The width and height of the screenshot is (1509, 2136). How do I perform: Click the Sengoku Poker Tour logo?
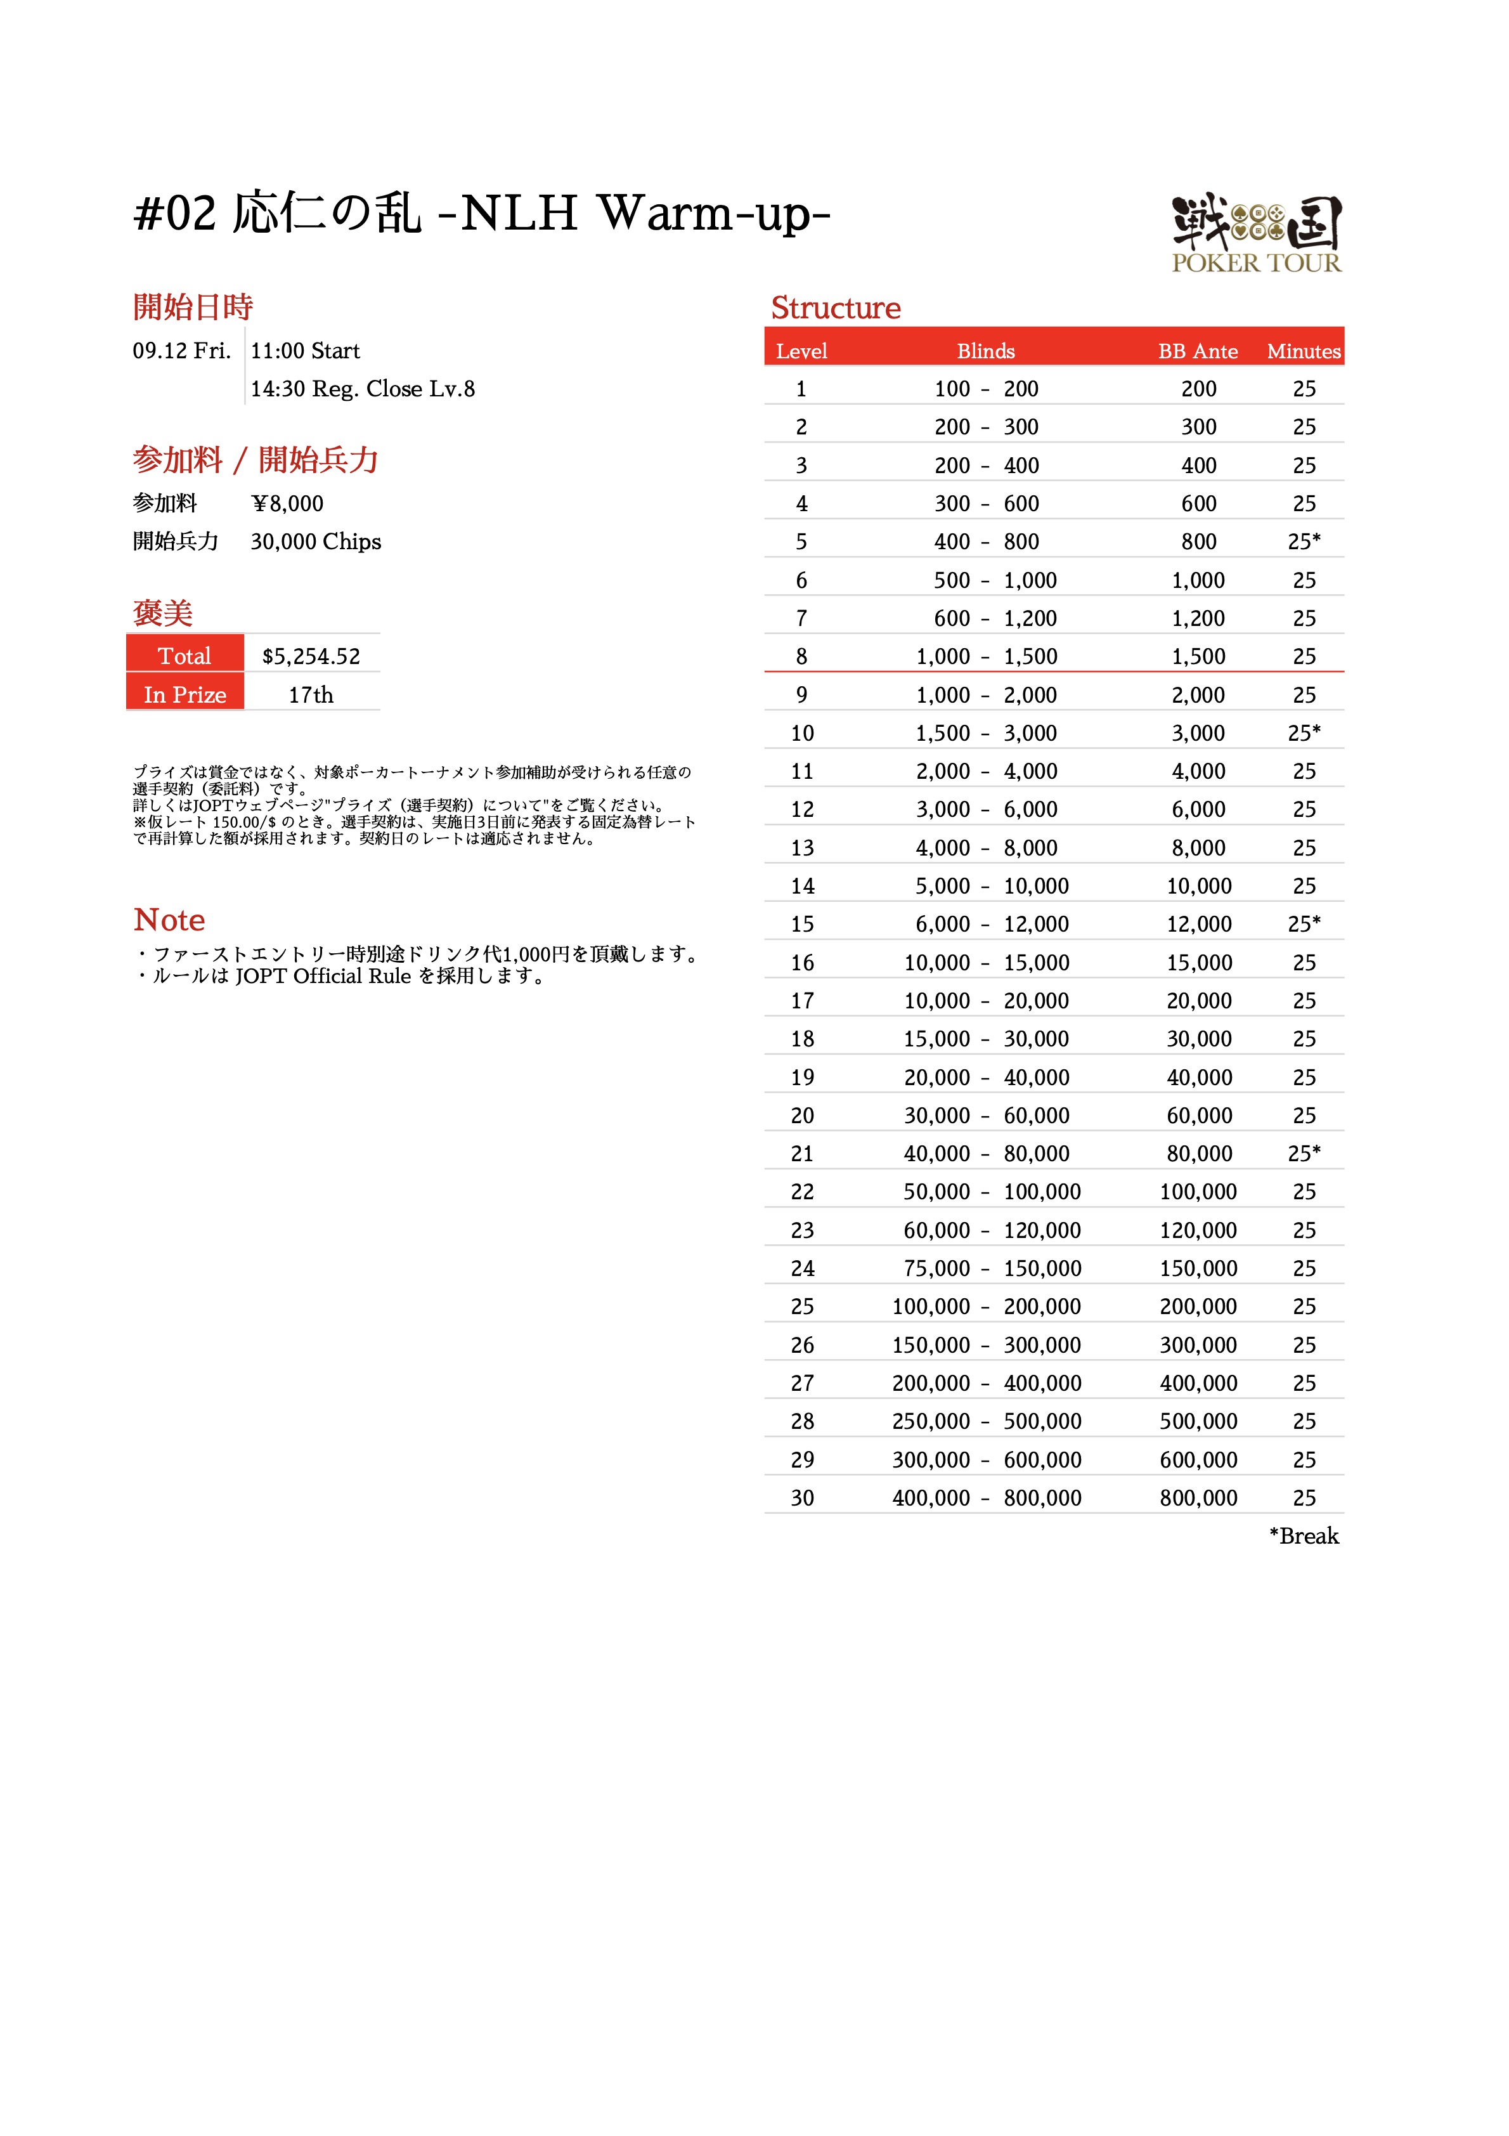(x=1256, y=233)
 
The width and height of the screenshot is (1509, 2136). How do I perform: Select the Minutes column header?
(x=1304, y=351)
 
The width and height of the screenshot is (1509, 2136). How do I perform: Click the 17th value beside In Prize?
(x=311, y=695)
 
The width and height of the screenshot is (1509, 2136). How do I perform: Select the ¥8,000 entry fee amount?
(x=287, y=504)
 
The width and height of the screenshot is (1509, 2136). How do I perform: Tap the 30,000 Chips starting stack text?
(x=315, y=542)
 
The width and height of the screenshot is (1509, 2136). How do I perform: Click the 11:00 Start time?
(x=305, y=351)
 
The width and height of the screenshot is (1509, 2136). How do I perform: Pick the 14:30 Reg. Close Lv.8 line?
(x=363, y=389)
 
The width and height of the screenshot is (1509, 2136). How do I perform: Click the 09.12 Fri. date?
(x=181, y=351)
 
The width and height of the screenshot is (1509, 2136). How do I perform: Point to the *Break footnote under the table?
(x=1304, y=1536)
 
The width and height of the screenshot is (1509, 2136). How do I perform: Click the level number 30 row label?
(x=802, y=1498)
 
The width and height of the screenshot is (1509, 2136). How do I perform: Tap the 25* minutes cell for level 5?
(x=1304, y=542)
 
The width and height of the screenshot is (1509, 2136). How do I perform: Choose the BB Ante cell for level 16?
(x=1199, y=963)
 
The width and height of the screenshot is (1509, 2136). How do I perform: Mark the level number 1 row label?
(x=801, y=389)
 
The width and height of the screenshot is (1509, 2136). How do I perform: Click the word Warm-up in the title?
(x=713, y=214)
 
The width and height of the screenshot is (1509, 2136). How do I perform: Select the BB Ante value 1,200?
(x=1198, y=618)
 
